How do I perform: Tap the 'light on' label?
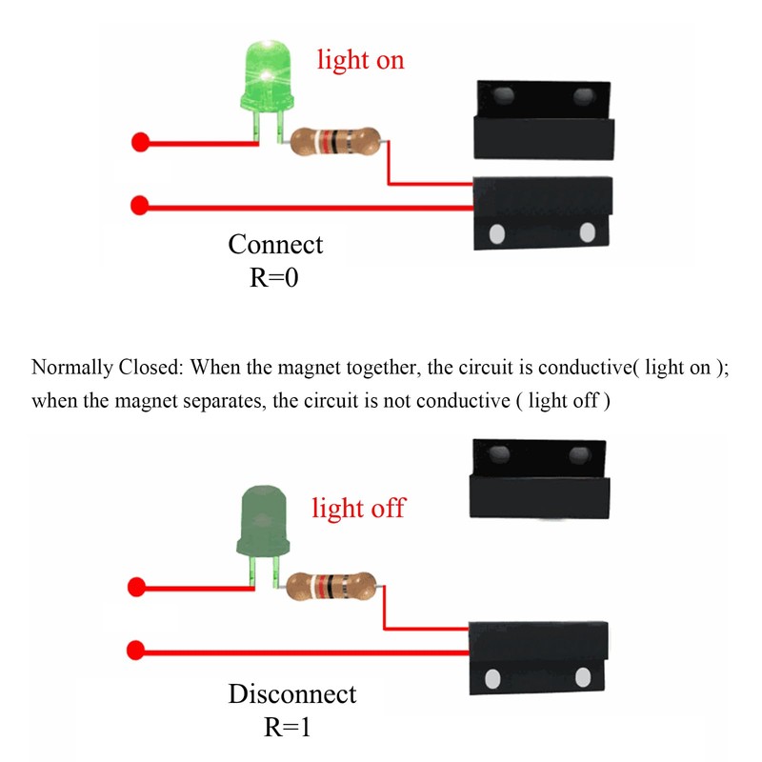click(x=361, y=60)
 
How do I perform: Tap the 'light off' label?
click(x=358, y=508)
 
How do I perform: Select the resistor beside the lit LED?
click(x=334, y=144)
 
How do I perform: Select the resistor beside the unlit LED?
click(x=331, y=585)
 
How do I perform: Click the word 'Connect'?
click(x=275, y=245)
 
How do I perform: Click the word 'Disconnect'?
click(x=291, y=694)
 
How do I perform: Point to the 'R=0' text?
click(x=274, y=278)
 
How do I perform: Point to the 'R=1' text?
click(x=288, y=729)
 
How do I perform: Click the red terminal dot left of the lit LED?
click(x=140, y=144)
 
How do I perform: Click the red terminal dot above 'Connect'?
click(x=140, y=204)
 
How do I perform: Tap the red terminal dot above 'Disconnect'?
click(x=136, y=651)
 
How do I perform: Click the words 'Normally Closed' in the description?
click(x=90, y=368)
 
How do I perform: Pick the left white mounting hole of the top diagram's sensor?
click(x=496, y=233)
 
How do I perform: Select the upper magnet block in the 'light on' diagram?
click(x=543, y=119)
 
